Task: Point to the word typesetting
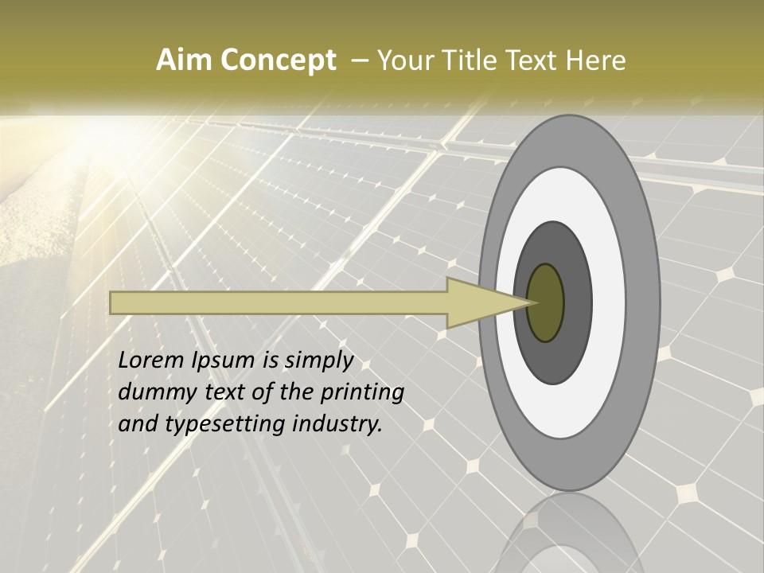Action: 218,425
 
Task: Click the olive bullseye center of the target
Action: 546,302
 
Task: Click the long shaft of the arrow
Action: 279,302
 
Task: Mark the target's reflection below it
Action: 569,533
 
